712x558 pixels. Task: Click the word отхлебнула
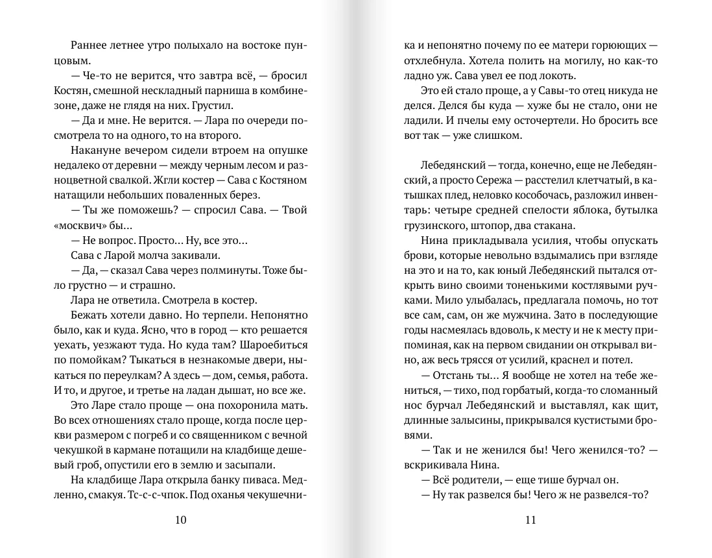[x=429, y=61]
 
